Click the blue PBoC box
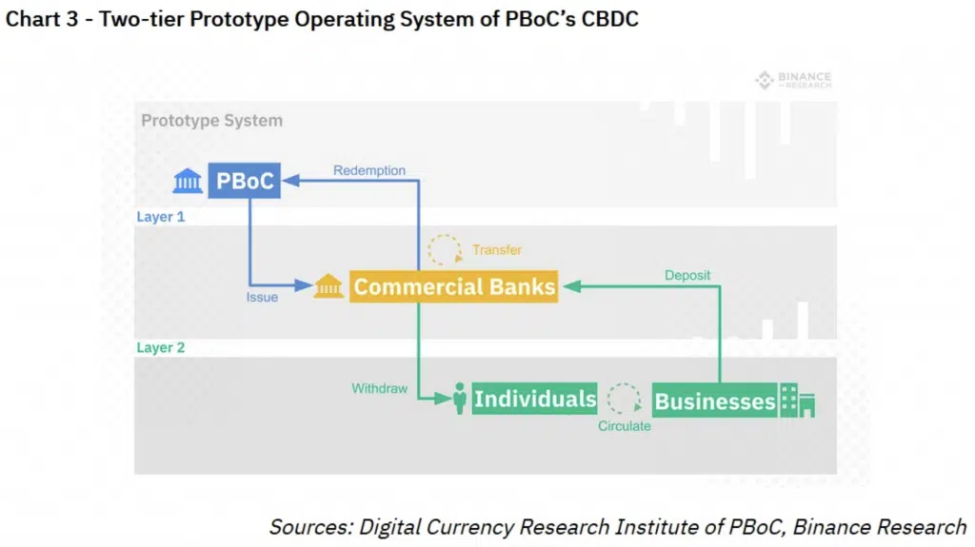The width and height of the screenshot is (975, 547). point(245,181)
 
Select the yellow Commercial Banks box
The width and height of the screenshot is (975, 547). point(453,286)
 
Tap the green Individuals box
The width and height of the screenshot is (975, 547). point(534,399)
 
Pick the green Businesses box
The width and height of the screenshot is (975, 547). point(714,400)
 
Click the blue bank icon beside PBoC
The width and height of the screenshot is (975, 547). point(188,181)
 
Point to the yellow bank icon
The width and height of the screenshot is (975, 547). point(328,286)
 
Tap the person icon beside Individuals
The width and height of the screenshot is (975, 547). point(460,398)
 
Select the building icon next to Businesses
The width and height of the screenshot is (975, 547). point(798,400)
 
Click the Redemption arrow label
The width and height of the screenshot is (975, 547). point(369,170)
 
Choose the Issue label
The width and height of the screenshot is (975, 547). point(262,297)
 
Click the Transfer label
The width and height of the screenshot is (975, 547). point(497,250)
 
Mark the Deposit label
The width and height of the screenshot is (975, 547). point(687,275)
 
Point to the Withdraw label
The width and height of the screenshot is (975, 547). point(379,388)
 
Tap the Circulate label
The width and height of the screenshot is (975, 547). point(625,426)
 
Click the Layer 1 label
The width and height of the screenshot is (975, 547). point(160,217)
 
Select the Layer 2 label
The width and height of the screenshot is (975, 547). point(160,347)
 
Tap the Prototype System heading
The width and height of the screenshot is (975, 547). point(212,121)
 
